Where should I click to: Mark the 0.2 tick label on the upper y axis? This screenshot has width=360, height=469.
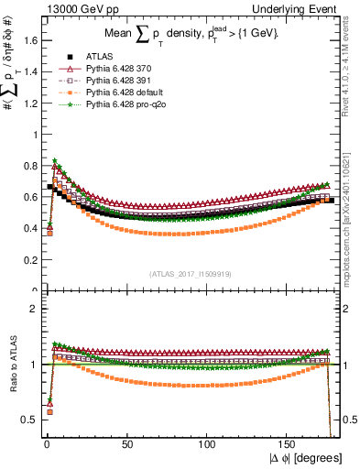[28, 260]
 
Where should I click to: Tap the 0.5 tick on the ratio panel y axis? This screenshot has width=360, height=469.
[28, 420]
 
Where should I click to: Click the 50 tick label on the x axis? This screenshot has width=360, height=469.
[125, 444]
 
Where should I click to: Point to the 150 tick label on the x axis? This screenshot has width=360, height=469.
[288, 444]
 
